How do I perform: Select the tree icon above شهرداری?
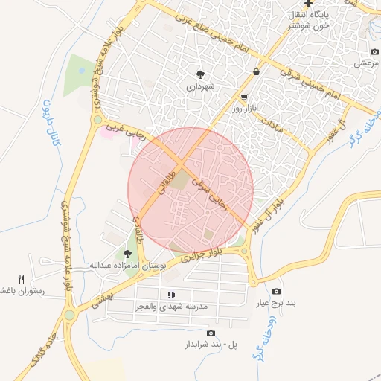[201, 74]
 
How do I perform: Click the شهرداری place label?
[200, 86]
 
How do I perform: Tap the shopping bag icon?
[257, 72]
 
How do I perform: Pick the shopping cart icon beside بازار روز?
[244, 98]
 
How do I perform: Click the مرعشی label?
[366, 64]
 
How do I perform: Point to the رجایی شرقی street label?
[208, 186]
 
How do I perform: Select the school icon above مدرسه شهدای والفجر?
[171, 295]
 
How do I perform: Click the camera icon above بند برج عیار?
[277, 292]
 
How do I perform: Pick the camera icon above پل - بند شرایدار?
[211, 333]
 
